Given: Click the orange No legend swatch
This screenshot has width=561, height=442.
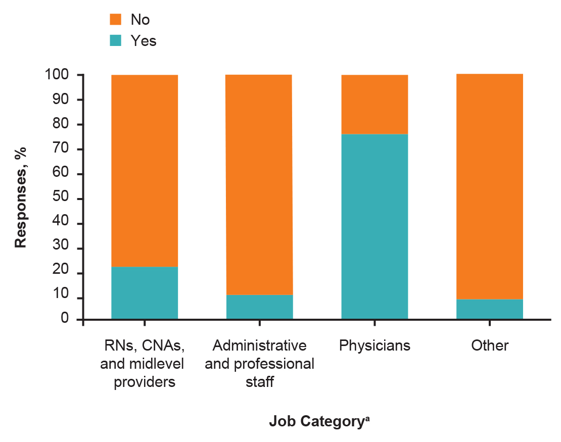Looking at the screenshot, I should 116,20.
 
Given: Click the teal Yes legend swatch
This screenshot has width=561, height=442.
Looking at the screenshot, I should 116,41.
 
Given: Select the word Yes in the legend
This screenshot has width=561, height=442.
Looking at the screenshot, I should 144,41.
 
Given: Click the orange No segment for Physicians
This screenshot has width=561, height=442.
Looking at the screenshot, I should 375,104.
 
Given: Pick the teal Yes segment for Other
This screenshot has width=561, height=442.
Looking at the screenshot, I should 489,309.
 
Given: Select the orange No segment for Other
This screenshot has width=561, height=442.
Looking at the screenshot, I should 489,186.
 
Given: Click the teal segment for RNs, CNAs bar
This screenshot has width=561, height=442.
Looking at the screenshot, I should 145,292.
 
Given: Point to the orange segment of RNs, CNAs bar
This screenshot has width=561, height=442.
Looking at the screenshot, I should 145,170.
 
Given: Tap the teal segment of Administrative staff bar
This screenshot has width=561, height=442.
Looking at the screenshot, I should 259,307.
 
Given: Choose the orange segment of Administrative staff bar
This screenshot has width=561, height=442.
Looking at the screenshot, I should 259,184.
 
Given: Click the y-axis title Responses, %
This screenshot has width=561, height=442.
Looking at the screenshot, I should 20,197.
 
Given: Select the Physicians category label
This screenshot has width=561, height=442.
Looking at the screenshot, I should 375,346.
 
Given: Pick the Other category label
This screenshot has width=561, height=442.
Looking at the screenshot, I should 489,346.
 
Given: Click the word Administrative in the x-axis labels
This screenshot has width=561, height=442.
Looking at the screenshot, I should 259,346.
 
